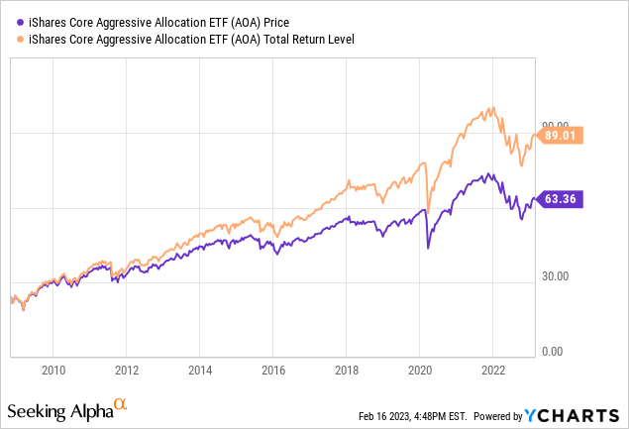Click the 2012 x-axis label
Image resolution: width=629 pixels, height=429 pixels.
coord(127,371)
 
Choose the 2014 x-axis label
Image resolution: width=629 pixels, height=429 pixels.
coord(200,371)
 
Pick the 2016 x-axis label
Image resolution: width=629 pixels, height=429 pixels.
coord(273,371)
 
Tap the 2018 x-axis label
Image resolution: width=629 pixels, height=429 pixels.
coord(347,371)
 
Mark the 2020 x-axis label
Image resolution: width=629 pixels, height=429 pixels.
coord(419,371)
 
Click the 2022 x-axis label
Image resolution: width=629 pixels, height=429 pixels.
coord(492,371)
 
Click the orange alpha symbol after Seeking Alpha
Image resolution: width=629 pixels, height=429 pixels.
coord(119,405)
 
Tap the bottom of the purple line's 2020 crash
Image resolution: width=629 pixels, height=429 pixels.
coord(427,248)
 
